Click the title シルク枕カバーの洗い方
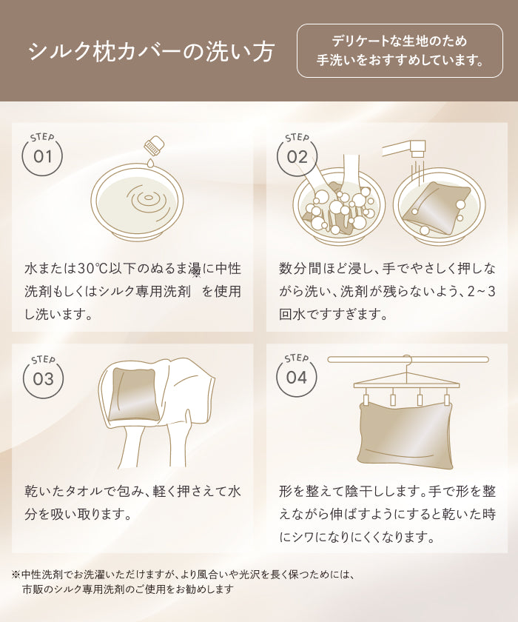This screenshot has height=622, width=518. coord(152,51)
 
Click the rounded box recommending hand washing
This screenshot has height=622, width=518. coord(400,51)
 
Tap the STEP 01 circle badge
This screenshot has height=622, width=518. coord(42,154)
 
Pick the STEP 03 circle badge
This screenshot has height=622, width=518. coord(43,377)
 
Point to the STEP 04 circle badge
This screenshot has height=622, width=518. coord(297,375)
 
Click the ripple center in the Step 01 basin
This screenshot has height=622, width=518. coord(148,197)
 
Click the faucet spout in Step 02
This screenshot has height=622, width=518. coord(418,149)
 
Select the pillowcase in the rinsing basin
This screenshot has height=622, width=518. coord(436,209)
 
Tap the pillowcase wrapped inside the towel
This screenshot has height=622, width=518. coord(135,394)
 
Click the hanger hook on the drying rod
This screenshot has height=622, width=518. coord(408,361)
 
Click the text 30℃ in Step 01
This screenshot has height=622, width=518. coord(92,269)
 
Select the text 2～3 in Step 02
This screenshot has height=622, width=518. coord(482,292)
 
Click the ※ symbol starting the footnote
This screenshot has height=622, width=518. coord(16,574)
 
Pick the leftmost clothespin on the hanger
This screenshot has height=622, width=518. coord(366,397)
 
